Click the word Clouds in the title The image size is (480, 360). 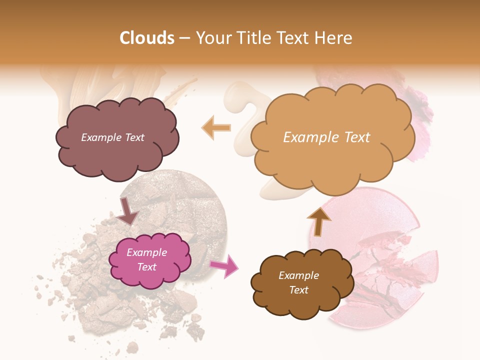pyautogui.click(x=147, y=38)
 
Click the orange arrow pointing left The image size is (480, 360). pyautogui.click(x=216, y=127)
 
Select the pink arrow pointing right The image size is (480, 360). pyautogui.click(x=224, y=265)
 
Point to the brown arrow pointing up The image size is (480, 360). pyautogui.click(x=319, y=221)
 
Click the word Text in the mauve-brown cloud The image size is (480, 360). pyautogui.click(x=134, y=137)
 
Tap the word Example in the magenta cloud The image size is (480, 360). pyautogui.click(x=147, y=252)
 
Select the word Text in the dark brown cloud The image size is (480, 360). pyautogui.click(x=299, y=290)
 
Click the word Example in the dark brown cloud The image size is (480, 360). pyautogui.click(x=299, y=275)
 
